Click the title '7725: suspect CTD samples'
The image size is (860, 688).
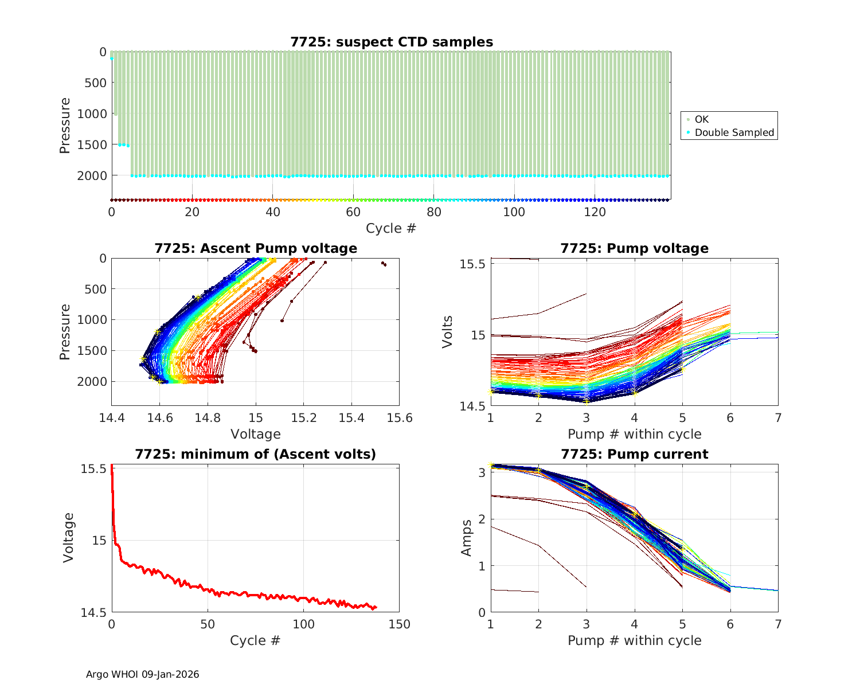[x=392, y=42]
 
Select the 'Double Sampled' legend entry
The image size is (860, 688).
[x=734, y=132]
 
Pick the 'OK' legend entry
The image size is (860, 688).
[x=702, y=119]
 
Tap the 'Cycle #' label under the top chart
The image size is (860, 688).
[x=391, y=228]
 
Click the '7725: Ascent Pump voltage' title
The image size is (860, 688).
[x=256, y=248]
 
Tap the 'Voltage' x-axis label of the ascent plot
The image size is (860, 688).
[x=256, y=434]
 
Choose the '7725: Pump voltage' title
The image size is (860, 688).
[x=634, y=248]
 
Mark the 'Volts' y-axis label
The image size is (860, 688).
[x=448, y=332]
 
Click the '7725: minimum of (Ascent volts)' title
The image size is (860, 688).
[x=256, y=454]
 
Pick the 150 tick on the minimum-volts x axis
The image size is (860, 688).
[x=399, y=624]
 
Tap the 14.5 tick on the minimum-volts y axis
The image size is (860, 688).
[x=93, y=613]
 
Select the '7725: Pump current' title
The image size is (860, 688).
[x=634, y=454]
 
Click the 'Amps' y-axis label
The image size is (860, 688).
[x=467, y=538]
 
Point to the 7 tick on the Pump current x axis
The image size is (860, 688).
[x=778, y=624]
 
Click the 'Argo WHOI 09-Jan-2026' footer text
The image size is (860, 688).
[x=143, y=674]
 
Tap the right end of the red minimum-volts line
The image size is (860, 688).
[x=376, y=607]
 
